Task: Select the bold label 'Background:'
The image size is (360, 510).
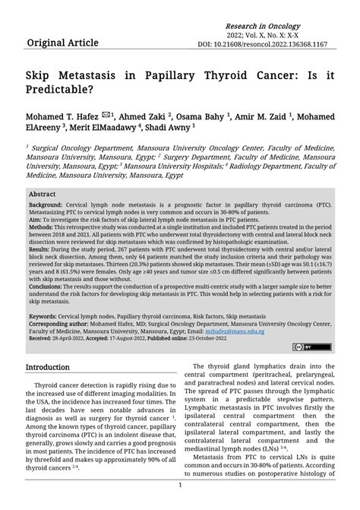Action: [x=46, y=206]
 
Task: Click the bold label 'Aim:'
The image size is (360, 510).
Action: [x=36, y=220]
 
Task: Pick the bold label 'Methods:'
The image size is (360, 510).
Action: [x=43, y=227]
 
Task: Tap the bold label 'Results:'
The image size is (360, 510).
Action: [x=41, y=249]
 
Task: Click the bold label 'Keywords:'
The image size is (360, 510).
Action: [x=44, y=316]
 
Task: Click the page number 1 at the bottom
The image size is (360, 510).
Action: [x=180, y=484]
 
